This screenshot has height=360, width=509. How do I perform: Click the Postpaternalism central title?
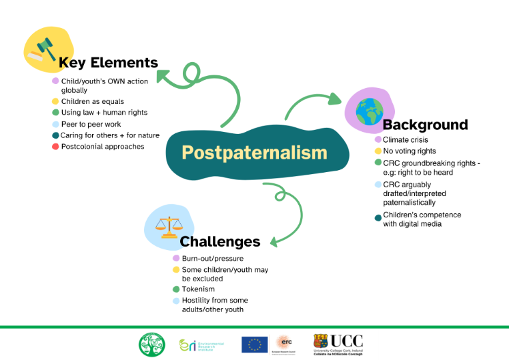[x=254, y=153]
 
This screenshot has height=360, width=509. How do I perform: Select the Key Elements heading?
[x=109, y=63]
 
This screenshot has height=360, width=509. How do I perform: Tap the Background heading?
[x=425, y=125]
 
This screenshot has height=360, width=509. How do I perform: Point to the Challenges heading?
[x=220, y=241]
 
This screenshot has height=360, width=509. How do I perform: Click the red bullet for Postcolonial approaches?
[x=55, y=147]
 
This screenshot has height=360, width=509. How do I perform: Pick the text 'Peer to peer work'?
[x=91, y=124]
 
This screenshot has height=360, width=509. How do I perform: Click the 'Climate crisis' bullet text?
[x=406, y=140]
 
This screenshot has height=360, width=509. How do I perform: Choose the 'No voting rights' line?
[x=409, y=151]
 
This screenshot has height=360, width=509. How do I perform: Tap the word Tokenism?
[x=197, y=289]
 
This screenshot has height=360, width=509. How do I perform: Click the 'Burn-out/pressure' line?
[x=212, y=258]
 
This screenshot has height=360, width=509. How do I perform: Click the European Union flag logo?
[x=254, y=344]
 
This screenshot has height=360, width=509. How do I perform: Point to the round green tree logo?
[x=151, y=344]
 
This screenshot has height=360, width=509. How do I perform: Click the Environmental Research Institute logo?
[x=201, y=345]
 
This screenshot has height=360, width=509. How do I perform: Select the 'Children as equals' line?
[x=92, y=101]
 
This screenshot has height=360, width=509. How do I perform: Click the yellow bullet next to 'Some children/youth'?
[x=176, y=270]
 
